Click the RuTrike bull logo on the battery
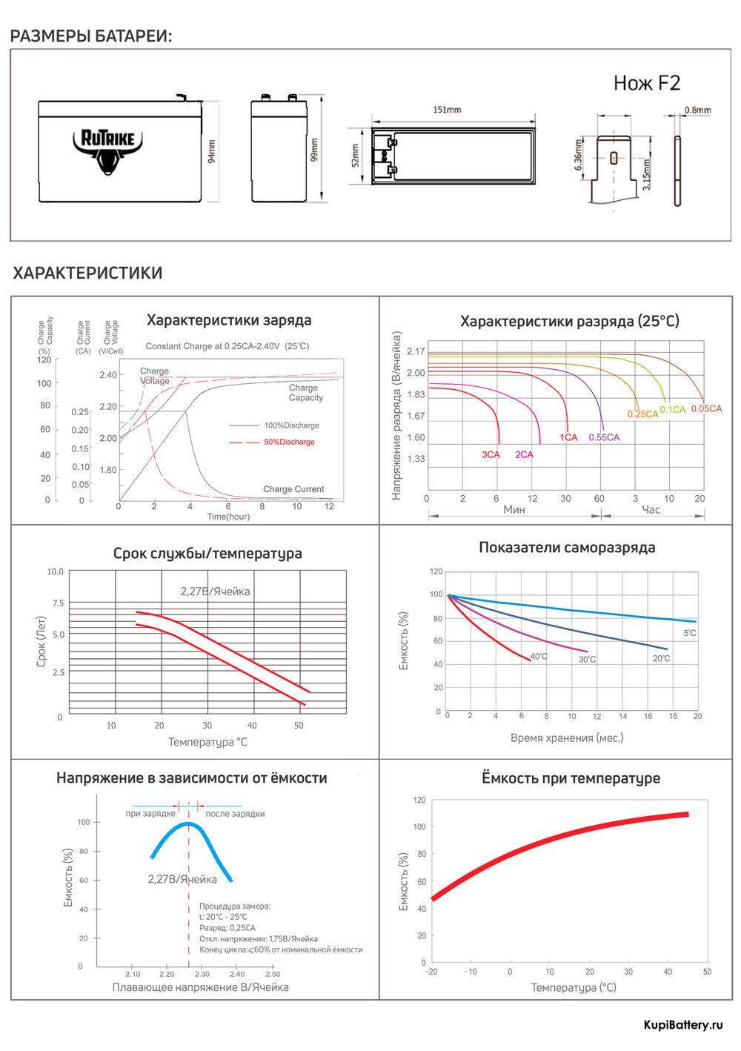pyautogui.click(x=107, y=150)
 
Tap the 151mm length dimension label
pyautogui.click(x=447, y=110)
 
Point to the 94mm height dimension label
pyautogui.click(x=212, y=150)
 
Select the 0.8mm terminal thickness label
pyautogui.click(x=697, y=110)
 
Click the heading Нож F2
pyautogui.click(x=646, y=83)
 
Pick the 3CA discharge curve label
pyautogui.click(x=491, y=454)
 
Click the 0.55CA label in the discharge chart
pyautogui.click(x=604, y=437)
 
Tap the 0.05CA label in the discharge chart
pyautogui.click(x=706, y=408)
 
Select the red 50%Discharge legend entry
pyautogui.click(x=289, y=442)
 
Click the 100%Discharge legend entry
pyautogui.click(x=291, y=425)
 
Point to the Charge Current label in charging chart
pyautogui.click(x=293, y=489)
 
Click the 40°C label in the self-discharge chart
pyautogui.click(x=539, y=657)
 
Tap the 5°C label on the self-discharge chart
pyautogui.click(x=689, y=633)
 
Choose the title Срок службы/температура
pyautogui.click(x=207, y=553)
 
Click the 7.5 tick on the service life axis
pyautogui.click(x=58, y=603)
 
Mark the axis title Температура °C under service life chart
pyautogui.click(x=207, y=742)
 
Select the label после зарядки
pyautogui.click(x=235, y=814)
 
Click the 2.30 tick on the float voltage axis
pyautogui.click(x=202, y=974)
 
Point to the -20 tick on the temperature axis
pyautogui.click(x=431, y=972)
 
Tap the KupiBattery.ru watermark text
pyautogui.click(x=682, y=1025)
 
